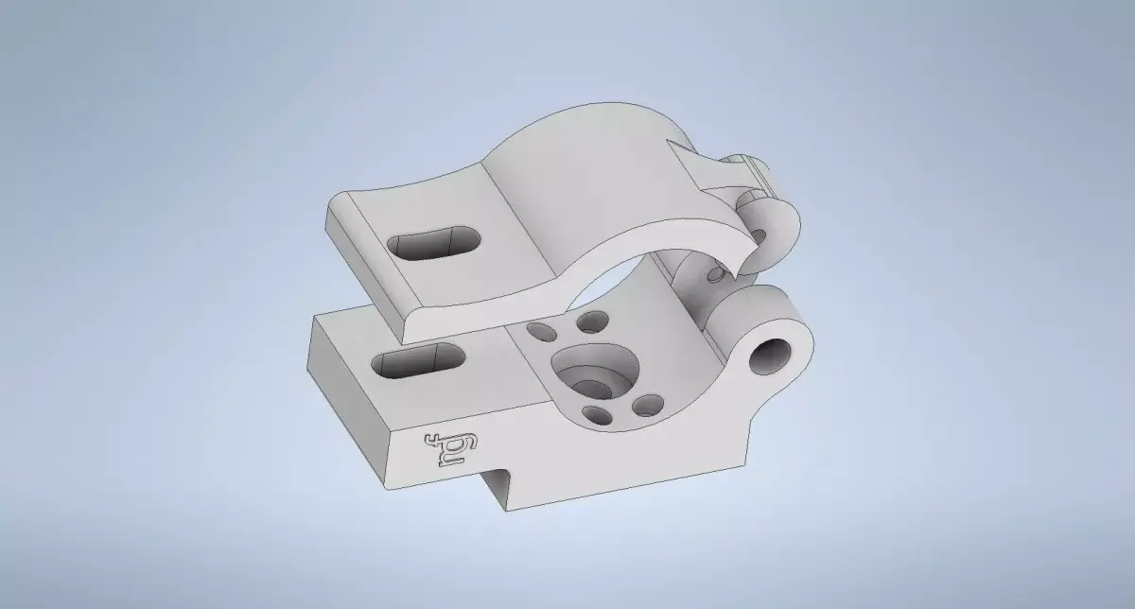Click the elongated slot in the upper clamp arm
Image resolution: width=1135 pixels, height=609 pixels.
coord(433,243)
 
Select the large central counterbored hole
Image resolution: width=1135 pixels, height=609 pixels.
coord(592,374)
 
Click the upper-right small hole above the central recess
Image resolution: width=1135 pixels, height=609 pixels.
coord(594,322)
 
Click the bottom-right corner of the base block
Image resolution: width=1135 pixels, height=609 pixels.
coord(748,464)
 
